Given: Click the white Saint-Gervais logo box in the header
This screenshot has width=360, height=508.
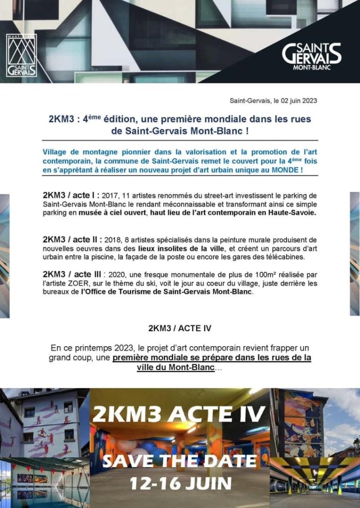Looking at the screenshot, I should click(x=21, y=55).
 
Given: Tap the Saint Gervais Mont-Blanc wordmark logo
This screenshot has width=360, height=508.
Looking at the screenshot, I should click(x=311, y=55).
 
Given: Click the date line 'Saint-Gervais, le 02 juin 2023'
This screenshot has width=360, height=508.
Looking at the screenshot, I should click(x=273, y=100).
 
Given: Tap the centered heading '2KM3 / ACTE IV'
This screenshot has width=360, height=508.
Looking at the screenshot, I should click(x=179, y=328).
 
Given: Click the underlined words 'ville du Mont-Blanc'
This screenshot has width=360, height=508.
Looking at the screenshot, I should click(x=175, y=367).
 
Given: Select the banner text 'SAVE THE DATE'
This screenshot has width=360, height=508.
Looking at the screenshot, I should click(x=180, y=460).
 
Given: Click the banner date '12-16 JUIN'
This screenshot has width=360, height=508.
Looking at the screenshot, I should click(x=180, y=484).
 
